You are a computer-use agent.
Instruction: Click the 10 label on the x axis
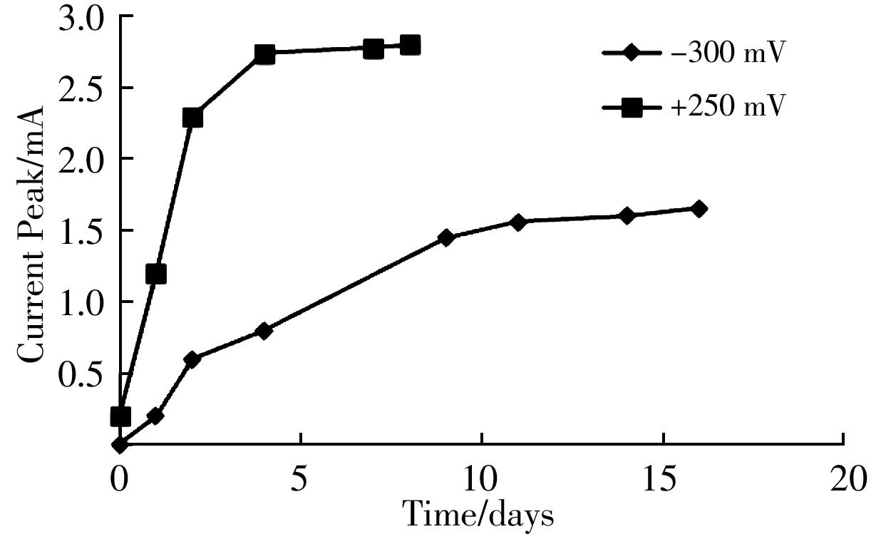[482, 475]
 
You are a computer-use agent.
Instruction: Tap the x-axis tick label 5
[301, 475]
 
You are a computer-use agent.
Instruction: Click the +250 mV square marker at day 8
[410, 46]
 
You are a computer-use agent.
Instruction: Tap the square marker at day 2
[192, 118]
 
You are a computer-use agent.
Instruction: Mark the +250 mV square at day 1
[156, 274]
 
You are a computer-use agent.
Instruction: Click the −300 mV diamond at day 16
[699, 209]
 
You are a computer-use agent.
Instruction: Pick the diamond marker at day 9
[446, 237]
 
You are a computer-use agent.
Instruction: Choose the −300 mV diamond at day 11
[518, 222]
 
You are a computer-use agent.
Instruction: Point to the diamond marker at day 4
[264, 331]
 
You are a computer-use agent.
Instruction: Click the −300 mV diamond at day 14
[627, 216]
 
